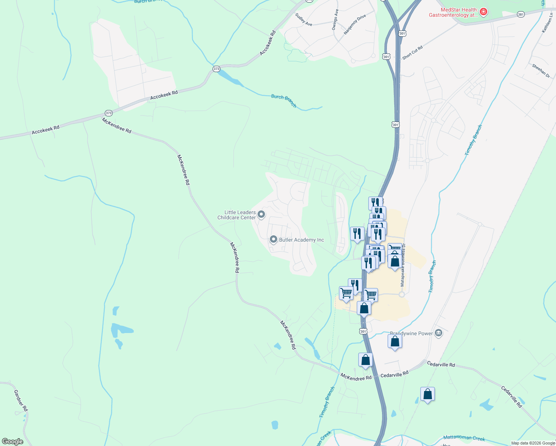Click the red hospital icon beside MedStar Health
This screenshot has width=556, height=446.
(484, 12)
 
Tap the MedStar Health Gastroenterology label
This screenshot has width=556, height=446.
(454, 13)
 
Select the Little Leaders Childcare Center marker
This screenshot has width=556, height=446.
(261, 214)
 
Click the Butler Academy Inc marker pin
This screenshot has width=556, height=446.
(274, 240)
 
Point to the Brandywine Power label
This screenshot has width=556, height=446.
(411, 333)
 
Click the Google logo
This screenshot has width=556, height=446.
(13, 442)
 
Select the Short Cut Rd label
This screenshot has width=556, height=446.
(413, 53)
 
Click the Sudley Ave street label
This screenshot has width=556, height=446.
(304, 19)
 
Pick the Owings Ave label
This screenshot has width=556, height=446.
(335, 20)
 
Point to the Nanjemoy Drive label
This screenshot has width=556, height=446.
(355, 25)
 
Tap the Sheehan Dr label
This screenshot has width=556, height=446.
(541, 71)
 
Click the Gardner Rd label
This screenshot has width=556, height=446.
(21, 400)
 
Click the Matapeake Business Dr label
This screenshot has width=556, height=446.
(403, 265)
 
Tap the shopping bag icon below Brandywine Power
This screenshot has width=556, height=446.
(395, 341)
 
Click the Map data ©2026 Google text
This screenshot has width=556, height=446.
(533, 443)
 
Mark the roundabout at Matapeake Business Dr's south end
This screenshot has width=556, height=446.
(401, 294)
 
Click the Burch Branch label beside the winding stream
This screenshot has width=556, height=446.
(284, 101)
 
